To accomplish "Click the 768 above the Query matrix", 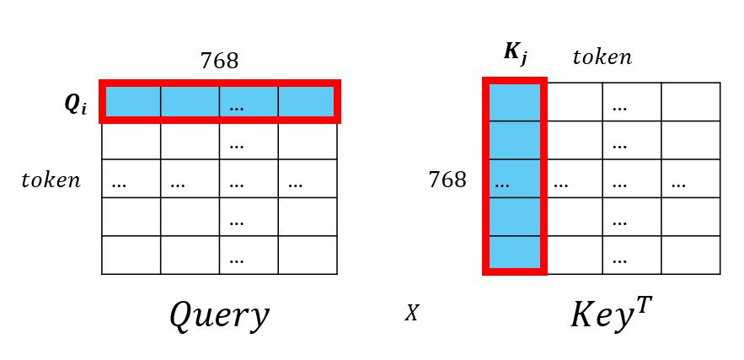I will (x=219, y=62).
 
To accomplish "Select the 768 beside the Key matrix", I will (x=447, y=180).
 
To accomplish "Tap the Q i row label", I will (x=76, y=104).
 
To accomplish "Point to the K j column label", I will (x=515, y=53).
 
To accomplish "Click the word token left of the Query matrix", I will (x=51, y=180).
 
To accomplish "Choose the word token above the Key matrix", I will (x=602, y=57).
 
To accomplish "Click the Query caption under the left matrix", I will (x=219, y=316).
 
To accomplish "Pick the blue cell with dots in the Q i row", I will (x=249, y=102).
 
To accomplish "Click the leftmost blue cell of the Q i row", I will (x=131, y=102).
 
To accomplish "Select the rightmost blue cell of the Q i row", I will (x=307, y=102).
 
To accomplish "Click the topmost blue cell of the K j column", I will (x=515, y=102).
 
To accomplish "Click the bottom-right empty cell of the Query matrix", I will (x=308, y=255).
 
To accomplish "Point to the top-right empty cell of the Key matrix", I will (x=691, y=102).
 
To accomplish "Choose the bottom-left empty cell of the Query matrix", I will (x=131, y=255).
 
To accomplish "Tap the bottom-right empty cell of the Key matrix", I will (x=691, y=255).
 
